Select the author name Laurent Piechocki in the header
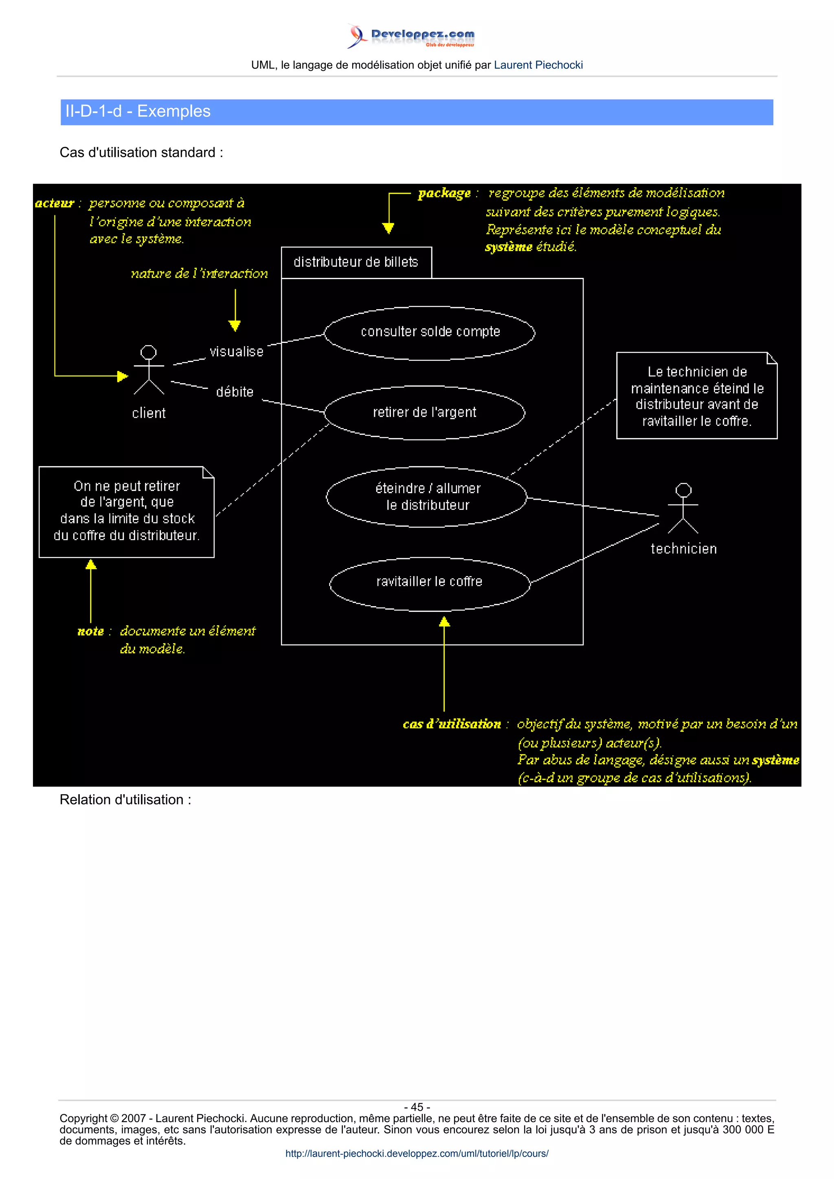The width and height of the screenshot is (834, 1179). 538,65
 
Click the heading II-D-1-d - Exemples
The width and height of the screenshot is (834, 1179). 138,111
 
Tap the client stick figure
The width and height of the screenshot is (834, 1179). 149,370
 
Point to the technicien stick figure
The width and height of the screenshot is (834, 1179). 683,509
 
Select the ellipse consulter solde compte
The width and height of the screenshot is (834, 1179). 430,333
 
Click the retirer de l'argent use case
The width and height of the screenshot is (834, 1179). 424,413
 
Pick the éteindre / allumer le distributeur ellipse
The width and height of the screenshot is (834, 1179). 426,497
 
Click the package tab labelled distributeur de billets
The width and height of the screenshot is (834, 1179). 356,262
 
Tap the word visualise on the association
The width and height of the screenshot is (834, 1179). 236,352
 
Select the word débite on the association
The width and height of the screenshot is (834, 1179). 235,392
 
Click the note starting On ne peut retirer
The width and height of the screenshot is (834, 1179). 126,511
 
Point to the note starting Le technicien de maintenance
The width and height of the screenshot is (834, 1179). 696,396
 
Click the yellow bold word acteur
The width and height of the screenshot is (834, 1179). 55,203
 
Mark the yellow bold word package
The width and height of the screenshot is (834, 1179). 444,194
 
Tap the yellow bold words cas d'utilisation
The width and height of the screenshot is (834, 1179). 452,724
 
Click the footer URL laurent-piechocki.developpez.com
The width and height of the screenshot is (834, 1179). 417,1153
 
